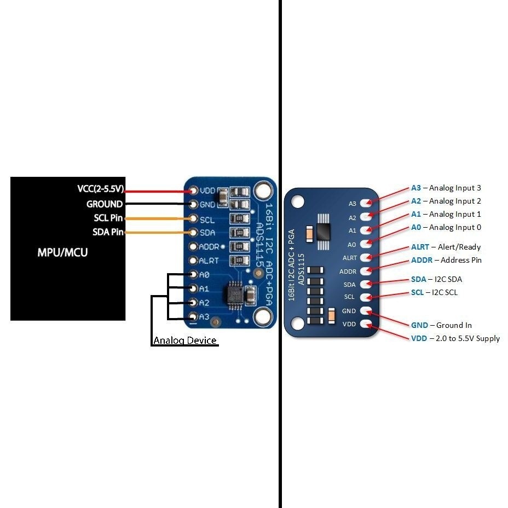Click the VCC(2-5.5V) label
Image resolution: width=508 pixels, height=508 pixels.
pos(101,189)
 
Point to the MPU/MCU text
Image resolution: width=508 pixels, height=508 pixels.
pos(62,252)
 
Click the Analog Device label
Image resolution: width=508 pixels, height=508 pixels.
pos(185,340)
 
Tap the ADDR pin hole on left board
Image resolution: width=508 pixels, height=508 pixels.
pos(193,247)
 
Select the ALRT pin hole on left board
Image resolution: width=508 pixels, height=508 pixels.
pos(193,261)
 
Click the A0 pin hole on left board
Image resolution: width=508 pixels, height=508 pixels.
pos(193,275)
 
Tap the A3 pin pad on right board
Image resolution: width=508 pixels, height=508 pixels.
pos(366,204)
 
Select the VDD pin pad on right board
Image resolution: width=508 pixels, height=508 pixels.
pos(366,324)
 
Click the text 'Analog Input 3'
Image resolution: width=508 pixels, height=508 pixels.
pos(455,188)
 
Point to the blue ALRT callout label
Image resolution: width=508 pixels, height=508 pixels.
pos(420,247)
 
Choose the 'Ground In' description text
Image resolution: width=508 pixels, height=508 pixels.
pos(454,325)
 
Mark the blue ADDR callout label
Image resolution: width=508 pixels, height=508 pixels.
pos(422,260)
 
